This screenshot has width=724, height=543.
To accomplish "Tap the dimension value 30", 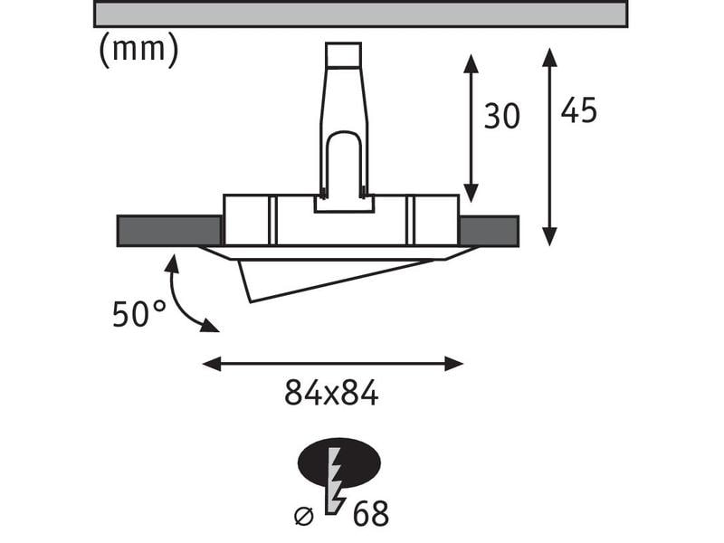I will click(501, 117).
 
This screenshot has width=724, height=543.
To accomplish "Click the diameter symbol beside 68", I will click(306, 515).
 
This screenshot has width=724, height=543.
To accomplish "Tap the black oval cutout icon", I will click(338, 464).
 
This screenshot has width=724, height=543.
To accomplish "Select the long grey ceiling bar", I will click(360, 14).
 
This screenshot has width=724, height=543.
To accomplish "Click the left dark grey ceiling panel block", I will click(169, 231).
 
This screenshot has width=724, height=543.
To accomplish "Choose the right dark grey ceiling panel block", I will click(489, 231).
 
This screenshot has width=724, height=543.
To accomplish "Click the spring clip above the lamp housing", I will click(343, 127).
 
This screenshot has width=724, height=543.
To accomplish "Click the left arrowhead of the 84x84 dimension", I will click(209, 364).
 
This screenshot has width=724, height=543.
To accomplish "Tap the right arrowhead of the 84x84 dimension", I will click(456, 364).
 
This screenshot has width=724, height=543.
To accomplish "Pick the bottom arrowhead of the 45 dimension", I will click(549, 238).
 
